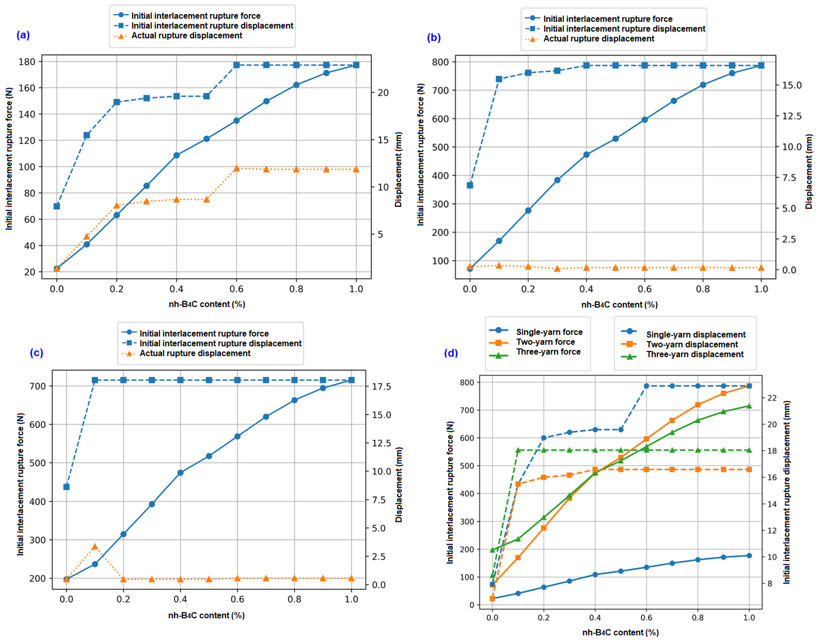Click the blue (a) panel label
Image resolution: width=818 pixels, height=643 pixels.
click(23, 35)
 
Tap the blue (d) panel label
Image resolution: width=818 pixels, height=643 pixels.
click(451, 353)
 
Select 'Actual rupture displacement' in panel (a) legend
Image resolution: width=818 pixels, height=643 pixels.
click(187, 36)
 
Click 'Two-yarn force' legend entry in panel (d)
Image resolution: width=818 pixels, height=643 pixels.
click(545, 342)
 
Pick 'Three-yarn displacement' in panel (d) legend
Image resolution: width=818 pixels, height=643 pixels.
click(695, 354)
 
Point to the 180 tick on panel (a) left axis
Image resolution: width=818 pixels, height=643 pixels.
click(27, 61)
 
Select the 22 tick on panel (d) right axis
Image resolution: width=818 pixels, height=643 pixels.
click(772, 398)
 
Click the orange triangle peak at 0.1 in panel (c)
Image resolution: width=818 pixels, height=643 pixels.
click(95, 547)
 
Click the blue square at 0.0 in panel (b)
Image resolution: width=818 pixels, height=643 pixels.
click(470, 185)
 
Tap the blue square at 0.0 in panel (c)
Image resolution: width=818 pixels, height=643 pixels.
click(66, 487)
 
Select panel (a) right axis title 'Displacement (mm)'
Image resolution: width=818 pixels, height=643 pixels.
click(398, 169)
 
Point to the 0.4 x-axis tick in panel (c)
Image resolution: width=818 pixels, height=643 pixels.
click(180, 599)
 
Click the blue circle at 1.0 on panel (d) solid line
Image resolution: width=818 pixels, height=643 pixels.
click(749, 556)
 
